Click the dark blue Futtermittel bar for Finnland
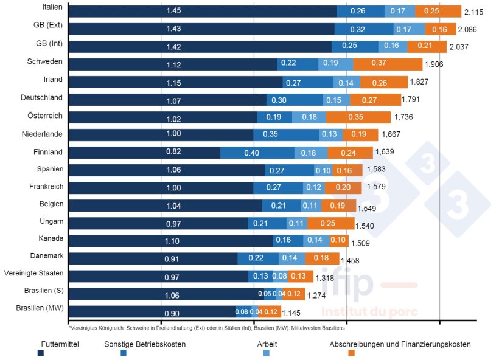[x=144, y=153]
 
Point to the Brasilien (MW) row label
[x=40, y=308]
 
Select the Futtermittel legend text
[x=60, y=344]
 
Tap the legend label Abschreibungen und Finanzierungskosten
[x=400, y=344]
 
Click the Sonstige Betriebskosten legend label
[x=145, y=344]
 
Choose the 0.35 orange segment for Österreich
[x=358, y=117]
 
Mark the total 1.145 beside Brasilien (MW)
[x=293, y=313]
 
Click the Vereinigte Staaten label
[x=33, y=273]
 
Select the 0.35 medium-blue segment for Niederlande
[x=286, y=135]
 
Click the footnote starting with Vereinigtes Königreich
[x=207, y=328]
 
